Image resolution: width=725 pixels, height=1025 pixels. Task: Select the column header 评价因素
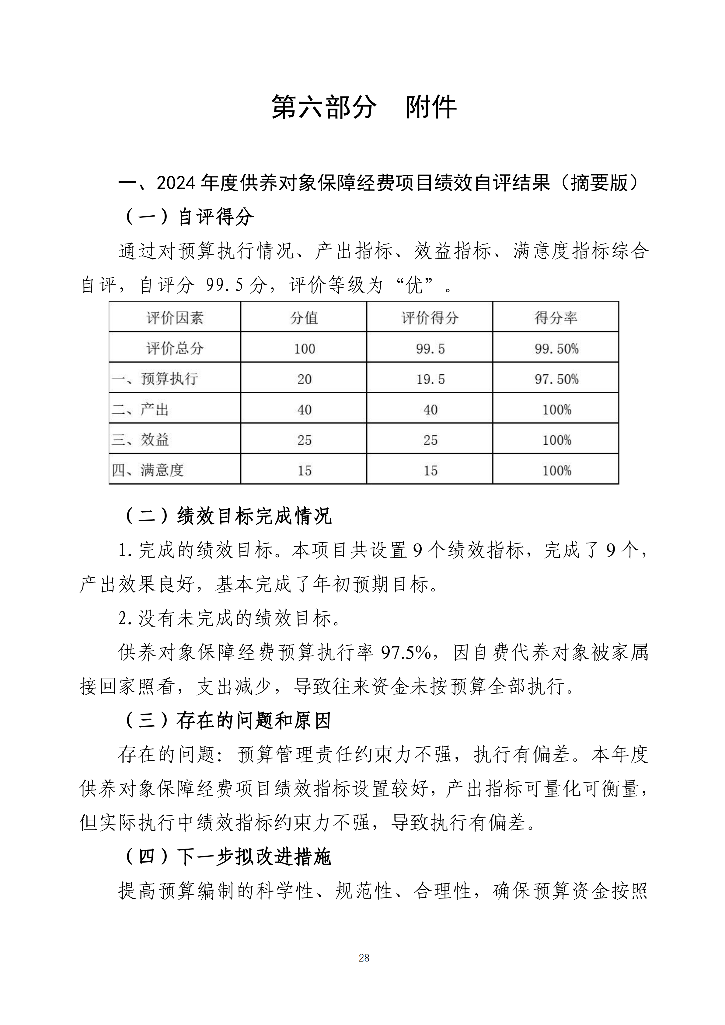[x=175, y=318]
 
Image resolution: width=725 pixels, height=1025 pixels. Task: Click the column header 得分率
[x=556, y=318]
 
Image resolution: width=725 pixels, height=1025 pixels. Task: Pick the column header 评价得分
[x=430, y=318]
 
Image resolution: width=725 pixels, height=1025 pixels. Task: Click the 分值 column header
[x=304, y=318]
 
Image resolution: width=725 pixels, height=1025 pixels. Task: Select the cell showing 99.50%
[x=556, y=349]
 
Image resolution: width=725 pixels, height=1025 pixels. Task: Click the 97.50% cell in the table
[x=556, y=379]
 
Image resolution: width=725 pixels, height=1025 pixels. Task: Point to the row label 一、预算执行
[x=155, y=379]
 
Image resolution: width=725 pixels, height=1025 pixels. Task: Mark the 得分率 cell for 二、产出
[x=556, y=409]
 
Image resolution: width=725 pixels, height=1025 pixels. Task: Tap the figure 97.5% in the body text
[x=405, y=653]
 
